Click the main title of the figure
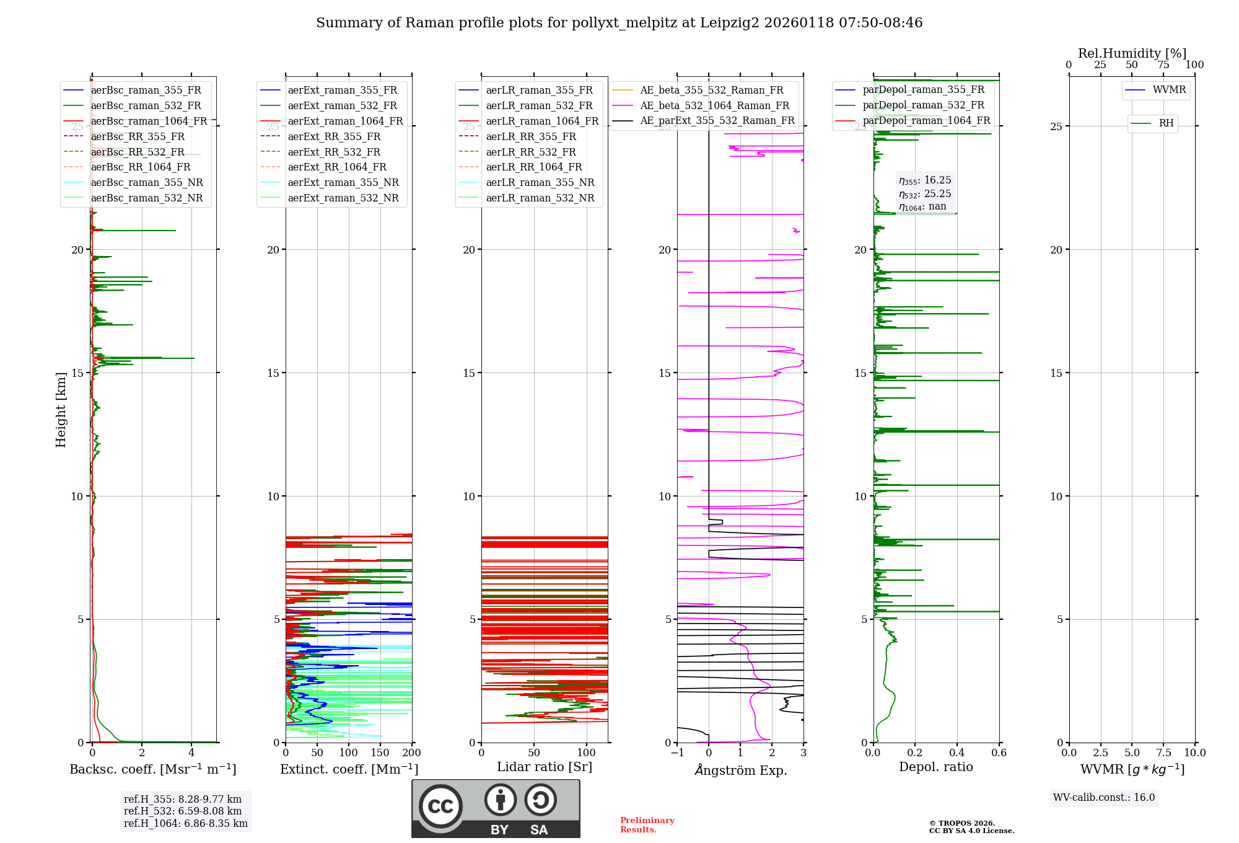point(619,23)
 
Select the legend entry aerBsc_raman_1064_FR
point(149,121)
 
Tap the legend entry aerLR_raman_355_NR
point(540,182)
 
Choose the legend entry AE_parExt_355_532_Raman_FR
point(717,120)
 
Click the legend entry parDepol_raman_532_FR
point(923,105)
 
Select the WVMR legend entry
point(1168,90)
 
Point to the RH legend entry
point(1166,123)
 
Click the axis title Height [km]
point(61,410)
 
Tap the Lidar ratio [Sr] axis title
point(545,767)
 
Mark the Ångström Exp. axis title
point(740,770)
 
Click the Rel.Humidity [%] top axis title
point(1132,53)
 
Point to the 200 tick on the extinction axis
point(411,753)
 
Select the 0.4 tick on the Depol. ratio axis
point(957,753)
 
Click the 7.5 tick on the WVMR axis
point(1163,753)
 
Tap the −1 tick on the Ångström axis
point(676,753)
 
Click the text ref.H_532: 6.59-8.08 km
point(183,811)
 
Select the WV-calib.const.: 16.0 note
point(1104,797)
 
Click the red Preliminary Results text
point(647,825)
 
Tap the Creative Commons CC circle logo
point(440,806)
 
